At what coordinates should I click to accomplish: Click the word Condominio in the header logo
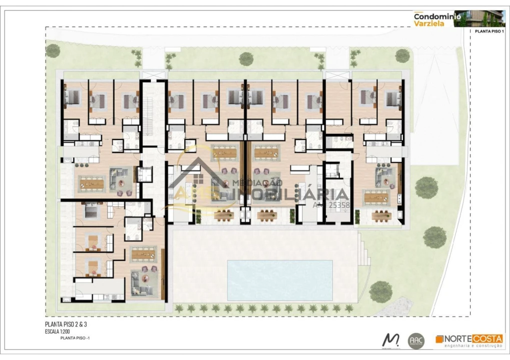(433, 16)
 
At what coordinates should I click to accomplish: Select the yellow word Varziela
(426, 23)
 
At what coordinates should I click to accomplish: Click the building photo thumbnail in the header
(483, 18)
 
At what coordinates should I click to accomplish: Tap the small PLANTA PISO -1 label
(75, 338)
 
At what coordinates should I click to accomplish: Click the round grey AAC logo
(416, 340)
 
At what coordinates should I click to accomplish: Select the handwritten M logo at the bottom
(390, 340)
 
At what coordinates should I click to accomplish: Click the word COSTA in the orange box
(488, 338)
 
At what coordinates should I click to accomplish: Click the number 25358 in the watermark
(338, 204)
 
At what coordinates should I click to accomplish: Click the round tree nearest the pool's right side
(380, 290)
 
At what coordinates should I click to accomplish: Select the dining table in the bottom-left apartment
(145, 254)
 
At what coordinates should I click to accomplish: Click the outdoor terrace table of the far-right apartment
(381, 215)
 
